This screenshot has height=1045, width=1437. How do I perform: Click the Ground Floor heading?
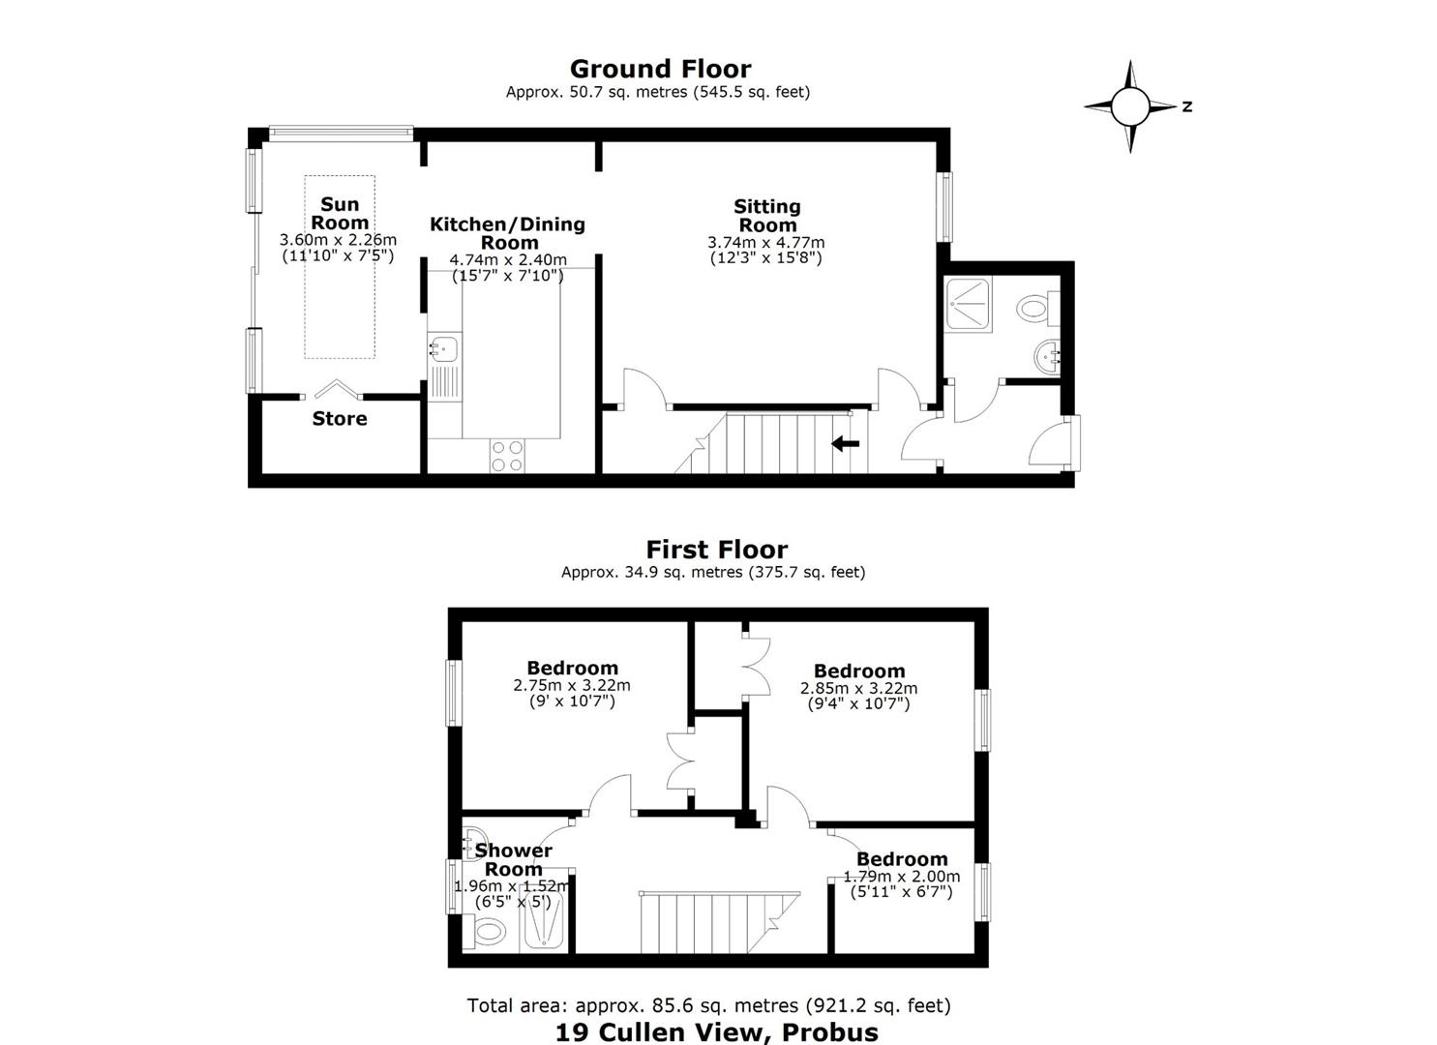click(660, 69)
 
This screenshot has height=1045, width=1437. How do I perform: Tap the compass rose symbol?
click(1130, 107)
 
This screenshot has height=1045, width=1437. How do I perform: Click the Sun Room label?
click(340, 214)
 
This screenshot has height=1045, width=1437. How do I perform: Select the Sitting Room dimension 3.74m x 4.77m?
click(766, 243)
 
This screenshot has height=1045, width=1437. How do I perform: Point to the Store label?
click(340, 419)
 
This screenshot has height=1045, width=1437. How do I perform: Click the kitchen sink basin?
click(444, 349)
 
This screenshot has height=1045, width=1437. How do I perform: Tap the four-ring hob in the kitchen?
click(507, 456)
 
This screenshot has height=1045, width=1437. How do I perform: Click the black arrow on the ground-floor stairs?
click(846, 443)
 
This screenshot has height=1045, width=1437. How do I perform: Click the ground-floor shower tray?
click(968, 304)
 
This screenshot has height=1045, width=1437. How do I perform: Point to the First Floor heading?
click(717, 550)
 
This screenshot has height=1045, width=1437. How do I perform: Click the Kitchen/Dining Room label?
click(507, 233)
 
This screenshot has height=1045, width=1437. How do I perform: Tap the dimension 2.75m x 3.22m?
click(572, 685)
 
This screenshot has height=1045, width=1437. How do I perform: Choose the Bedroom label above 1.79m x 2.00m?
click(902, 859)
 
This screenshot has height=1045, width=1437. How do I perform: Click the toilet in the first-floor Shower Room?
click(488, 931)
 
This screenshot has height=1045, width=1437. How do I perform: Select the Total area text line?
click(708, 1005)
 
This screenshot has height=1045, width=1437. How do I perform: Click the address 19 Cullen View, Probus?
click(717, 1032)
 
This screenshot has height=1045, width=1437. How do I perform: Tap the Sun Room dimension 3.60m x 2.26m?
click(338, 240)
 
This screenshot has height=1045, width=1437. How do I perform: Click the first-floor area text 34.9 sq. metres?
click(683, 572)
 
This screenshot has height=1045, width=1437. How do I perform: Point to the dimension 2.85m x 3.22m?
click(858, 688)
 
